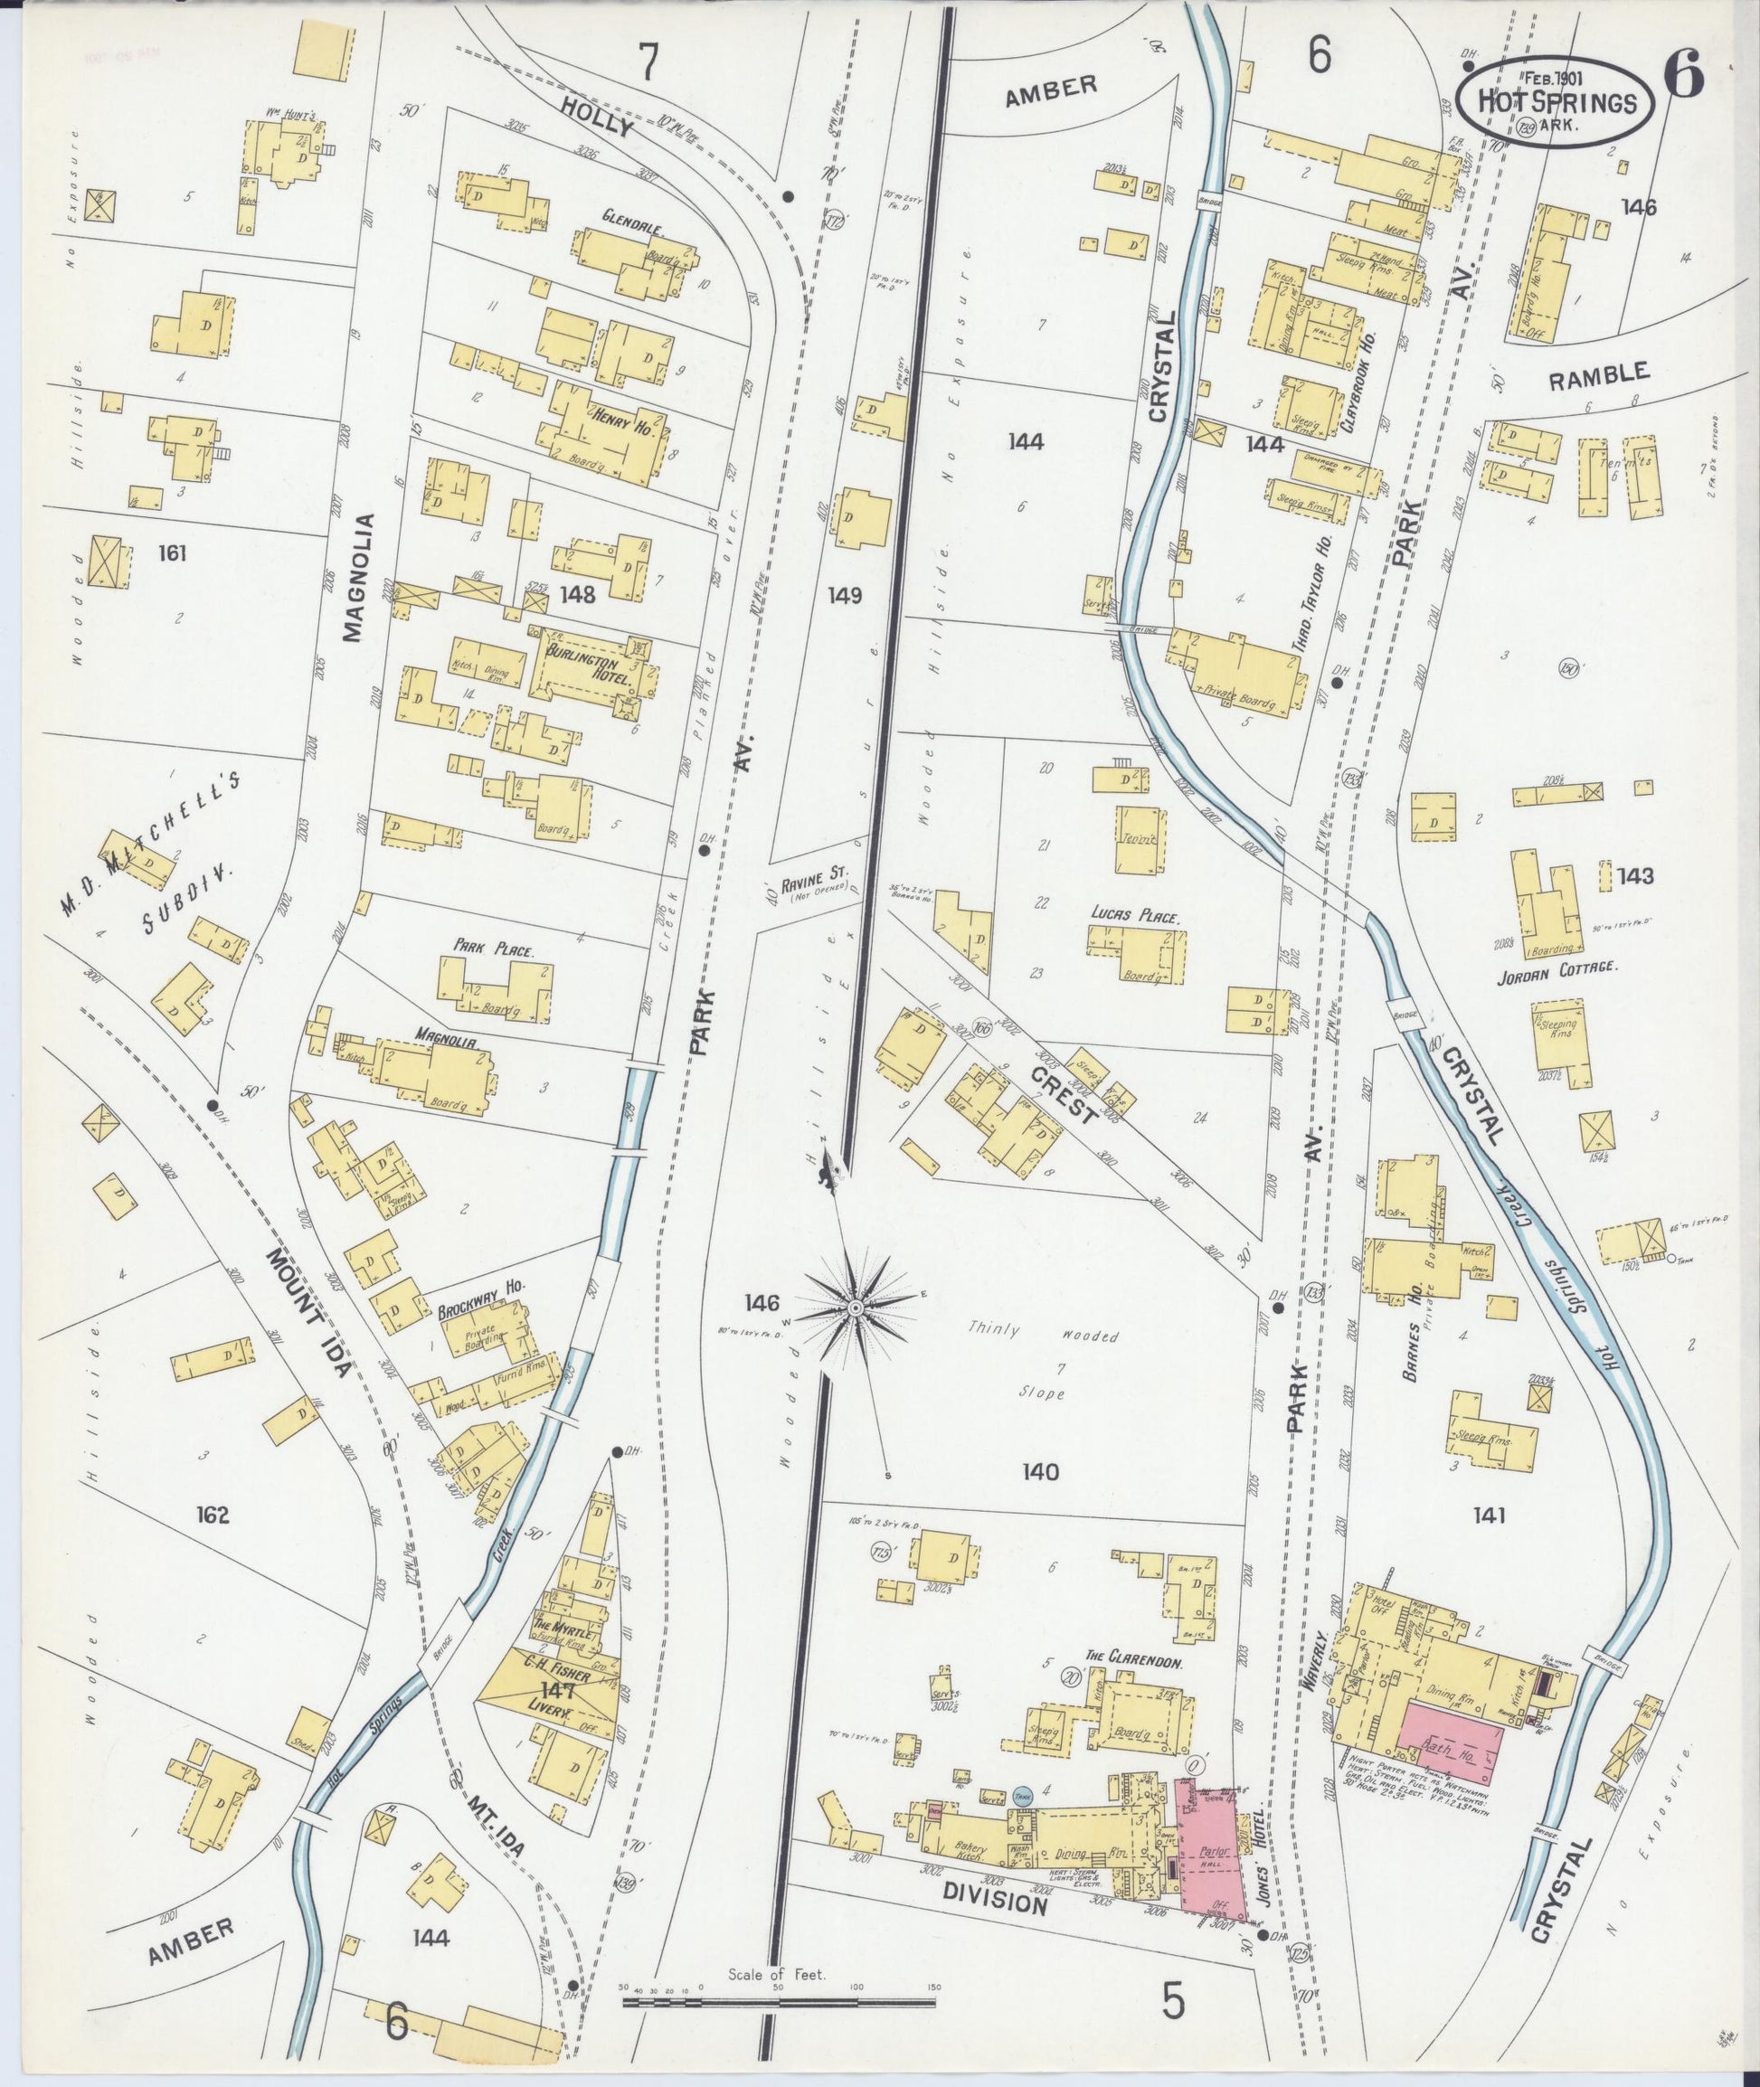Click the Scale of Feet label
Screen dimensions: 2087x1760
[776, 1974]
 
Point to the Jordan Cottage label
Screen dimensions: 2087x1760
[1557, 967]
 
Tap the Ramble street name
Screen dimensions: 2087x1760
[1597, 374]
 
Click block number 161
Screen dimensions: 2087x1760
[172, 552]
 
